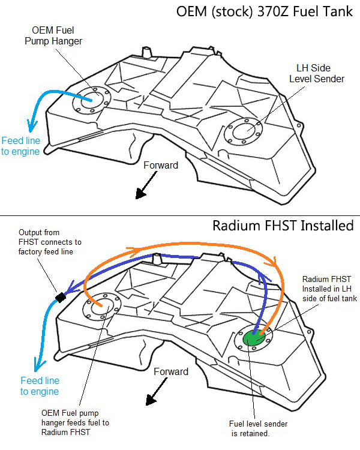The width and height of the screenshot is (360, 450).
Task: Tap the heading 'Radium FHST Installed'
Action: [283, 226]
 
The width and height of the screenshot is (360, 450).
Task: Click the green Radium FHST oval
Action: [256, 338]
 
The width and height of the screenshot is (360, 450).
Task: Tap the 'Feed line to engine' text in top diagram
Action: [20, 146]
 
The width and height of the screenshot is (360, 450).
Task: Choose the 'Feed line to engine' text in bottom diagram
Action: [40, 386]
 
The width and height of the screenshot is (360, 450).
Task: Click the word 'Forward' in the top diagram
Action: [161, 165]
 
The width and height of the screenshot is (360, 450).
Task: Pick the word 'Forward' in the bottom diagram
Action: [171, 371]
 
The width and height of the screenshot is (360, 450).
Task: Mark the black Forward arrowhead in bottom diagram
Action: [150, 399]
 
